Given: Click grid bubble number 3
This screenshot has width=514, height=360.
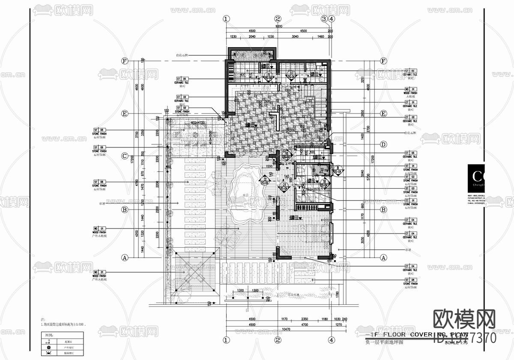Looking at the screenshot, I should [324, 18].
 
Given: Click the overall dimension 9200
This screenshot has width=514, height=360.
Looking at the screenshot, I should [279, 26].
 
